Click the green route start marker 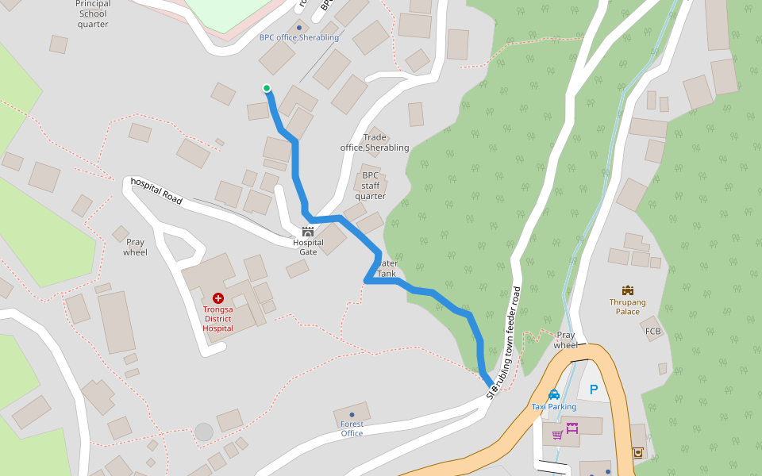tap(267, 88)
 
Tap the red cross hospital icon tap(218, 297)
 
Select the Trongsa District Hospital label tap(217, 318)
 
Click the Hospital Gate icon tap(308, 232)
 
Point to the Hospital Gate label tap(308, 247)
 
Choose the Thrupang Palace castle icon tap(628, 290)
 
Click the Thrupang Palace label tap(628, 307)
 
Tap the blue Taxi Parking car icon tap(554, 394)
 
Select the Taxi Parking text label tap(554, 407)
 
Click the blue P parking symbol tap(592, 390)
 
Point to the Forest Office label tap(352, 428)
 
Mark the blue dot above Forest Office tap(352, 415)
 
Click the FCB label tap(653, 331)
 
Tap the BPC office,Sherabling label tap(298, 37)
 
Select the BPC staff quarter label tap(370, 186)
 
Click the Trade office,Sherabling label tap(375, 143)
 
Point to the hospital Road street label tap(156, 191)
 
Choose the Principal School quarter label tap(93, 14)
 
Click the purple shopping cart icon tap(557, 434)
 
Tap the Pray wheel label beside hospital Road tap(136, 247)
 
